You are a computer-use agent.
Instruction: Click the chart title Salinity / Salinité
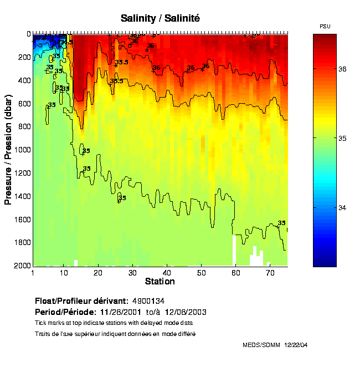tap(160, 18)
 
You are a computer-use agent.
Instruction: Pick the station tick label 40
tap(167, 273)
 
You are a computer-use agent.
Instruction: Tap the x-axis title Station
tap(160, 282)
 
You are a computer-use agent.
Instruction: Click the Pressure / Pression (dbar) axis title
tap(8, 150)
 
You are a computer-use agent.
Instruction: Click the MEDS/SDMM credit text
tap(261, 345)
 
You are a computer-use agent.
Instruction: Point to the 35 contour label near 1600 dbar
tap(281, 223)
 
